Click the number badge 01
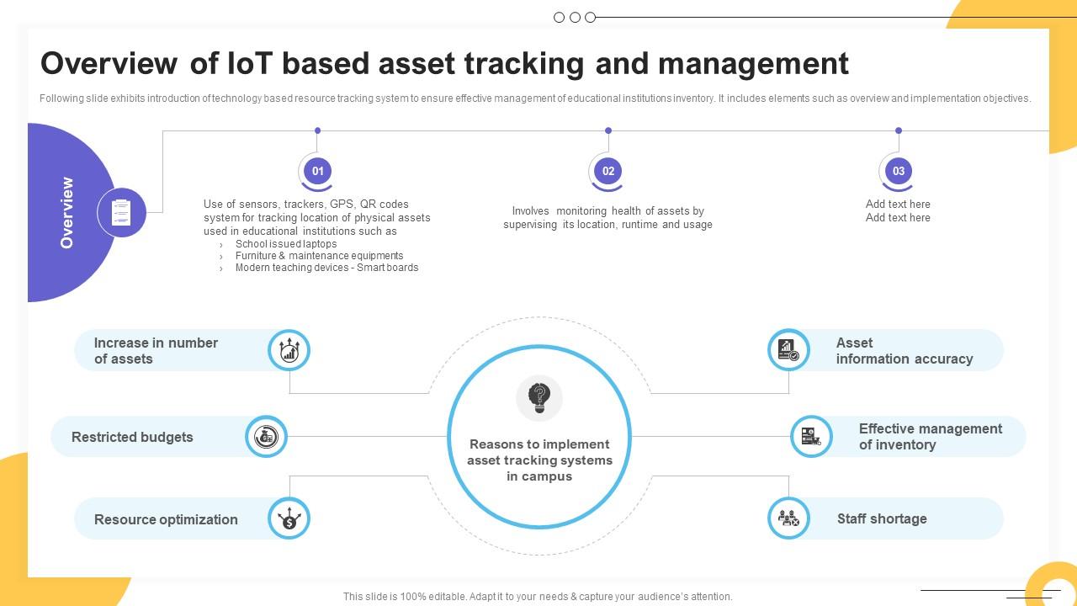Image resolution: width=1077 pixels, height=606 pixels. click(x=317, y=171)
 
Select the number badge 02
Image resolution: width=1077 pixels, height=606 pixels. click(x=607, y=171)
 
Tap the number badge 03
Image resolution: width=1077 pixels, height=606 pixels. click(x=898, y=171)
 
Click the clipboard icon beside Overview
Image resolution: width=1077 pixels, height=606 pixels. click(x=121, y=212)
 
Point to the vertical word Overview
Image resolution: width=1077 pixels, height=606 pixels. click(x=67, y=212)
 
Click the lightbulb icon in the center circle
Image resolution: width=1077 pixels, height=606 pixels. click(x=539, y=396)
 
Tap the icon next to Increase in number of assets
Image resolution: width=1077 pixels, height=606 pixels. click(x=289, y=350)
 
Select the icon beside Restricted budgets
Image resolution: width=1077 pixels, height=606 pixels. click(x=266, y=437)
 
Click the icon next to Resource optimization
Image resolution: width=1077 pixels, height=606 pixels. click(x=289, y=518)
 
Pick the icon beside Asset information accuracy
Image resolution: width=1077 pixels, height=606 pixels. click(x=788, y=350)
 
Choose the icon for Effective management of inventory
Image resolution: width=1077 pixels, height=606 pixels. click(x=811, y=437)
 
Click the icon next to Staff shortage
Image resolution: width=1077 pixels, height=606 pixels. click(x=788, y=518)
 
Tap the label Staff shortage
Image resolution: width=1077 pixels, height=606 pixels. click(x=882, y=519)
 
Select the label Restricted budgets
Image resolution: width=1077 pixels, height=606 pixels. click(x=132, y=437)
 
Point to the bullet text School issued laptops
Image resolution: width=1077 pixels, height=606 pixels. click(x=286, y=243)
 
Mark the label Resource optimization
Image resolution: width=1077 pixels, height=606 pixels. click(x=166, y=519)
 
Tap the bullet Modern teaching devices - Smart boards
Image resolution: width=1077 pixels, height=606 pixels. click(x=326, y=268)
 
